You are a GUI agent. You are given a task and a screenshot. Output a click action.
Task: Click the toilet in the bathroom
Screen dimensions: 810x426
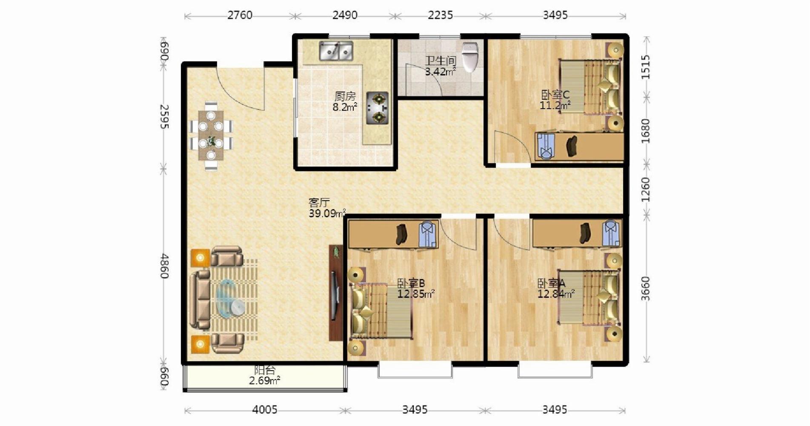click(470, 57)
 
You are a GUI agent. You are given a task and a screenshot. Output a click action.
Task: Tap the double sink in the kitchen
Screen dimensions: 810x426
click(336, 51)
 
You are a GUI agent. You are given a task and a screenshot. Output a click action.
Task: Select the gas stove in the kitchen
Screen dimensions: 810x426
click(378, 109)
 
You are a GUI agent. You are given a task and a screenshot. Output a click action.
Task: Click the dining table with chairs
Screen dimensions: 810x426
click(211, 136)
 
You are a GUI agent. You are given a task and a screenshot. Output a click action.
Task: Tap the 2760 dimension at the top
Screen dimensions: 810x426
click(240, 15)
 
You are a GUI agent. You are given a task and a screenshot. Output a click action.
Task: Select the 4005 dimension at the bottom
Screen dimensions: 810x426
click(265, 410)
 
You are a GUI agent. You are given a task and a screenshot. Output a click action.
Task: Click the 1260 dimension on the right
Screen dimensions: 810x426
click(646, 190)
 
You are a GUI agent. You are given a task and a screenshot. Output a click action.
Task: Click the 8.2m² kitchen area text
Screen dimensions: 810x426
click(345, 107)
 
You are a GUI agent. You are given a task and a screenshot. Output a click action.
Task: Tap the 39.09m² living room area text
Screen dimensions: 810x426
click(327, 213)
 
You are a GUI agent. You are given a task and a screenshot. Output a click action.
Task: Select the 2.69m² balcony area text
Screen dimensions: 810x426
click(264, 380)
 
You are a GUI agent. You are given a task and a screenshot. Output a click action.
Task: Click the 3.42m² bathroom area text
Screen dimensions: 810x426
click(441, 72)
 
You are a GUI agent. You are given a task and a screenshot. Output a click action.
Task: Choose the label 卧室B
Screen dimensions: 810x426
click(411, 283)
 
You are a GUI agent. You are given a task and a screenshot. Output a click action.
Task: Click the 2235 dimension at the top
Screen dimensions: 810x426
click(441, 15)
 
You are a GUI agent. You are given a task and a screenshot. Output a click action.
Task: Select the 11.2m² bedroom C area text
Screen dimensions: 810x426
click(555, 105)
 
